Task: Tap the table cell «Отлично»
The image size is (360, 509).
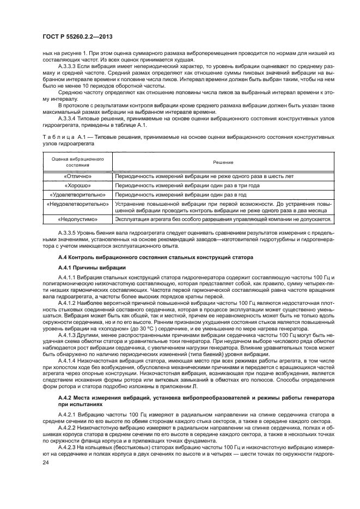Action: pyautogui.click(x=77, y=176)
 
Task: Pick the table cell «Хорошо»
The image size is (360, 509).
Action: pyautogui.click(x=77, y=185)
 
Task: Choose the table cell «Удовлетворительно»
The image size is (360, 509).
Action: pyautogui.click(x=77, y=194)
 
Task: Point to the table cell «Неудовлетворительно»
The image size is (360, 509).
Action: pyautogui.click(x=77, y=204)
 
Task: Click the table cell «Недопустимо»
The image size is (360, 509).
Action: pyautogui.click(x=77, y=219)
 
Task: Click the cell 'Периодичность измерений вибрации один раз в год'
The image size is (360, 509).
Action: pyautogui.click(x=181, y=194)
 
